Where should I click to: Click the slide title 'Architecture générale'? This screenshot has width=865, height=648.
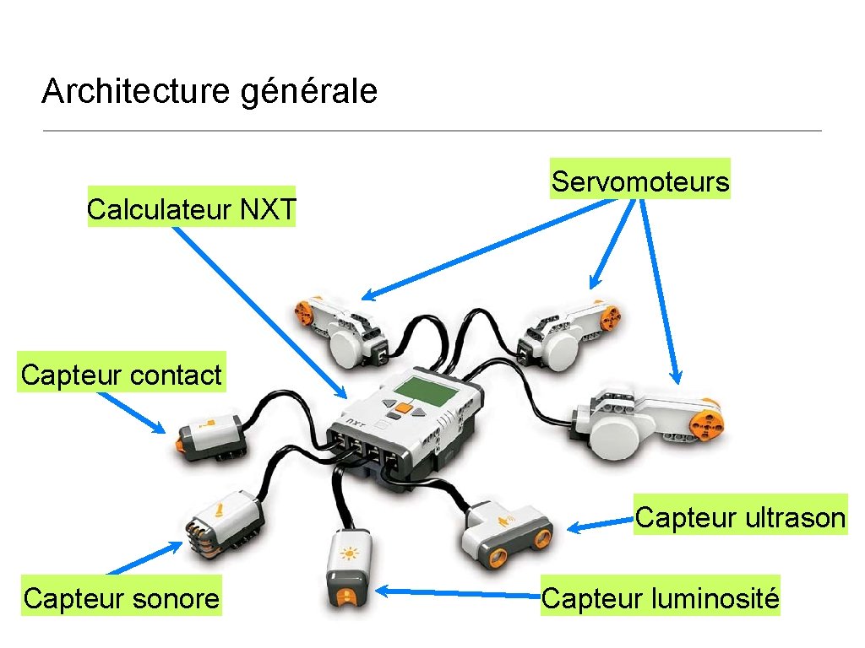click(x=209, y=91)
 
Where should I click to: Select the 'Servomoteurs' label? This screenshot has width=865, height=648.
click(x=640, y=181)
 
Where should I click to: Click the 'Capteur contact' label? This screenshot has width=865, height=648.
click(x=122, y=375)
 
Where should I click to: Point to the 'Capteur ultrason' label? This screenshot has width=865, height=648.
click(x=740, y=516)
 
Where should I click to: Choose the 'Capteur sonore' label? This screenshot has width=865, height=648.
click(x=122, y=598)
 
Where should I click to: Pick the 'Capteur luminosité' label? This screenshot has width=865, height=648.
click(x=660, y=598)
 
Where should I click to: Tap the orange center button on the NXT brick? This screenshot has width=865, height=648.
click(x=405, y=408)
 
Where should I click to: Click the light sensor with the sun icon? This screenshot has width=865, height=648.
click(x=347, y=570)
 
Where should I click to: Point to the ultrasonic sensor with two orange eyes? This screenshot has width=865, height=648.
click(x=505, y=533)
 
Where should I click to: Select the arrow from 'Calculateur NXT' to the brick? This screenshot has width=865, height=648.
click(x=258, y=311)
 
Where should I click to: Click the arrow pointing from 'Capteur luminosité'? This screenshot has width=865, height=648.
click(x=456, y=594)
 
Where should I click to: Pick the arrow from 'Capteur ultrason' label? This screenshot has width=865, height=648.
click(x=600, y=526)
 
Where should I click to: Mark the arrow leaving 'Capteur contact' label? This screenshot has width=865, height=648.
click(x=132, y=414)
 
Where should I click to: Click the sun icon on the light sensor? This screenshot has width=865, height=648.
click(x=348, y=554)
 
